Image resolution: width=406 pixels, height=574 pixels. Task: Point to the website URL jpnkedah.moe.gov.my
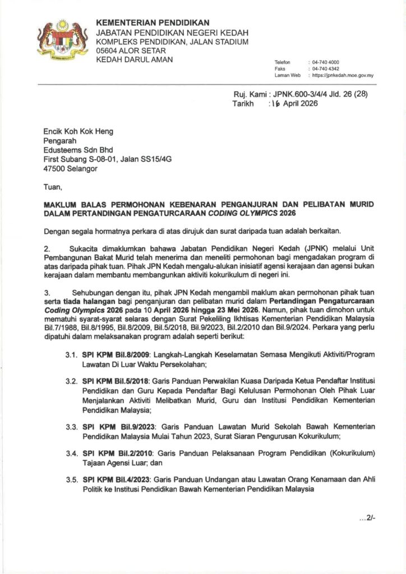[x=343, y=75]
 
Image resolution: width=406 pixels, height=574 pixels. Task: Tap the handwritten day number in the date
[x=274, y=104]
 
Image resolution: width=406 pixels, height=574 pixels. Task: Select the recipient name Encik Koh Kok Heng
[x=78, y=132]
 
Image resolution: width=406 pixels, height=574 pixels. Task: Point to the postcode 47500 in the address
[x=54, y=168]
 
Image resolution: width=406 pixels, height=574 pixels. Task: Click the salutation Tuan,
[x=53, y=186]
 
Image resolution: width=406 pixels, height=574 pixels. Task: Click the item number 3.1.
[x=71, y=355]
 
